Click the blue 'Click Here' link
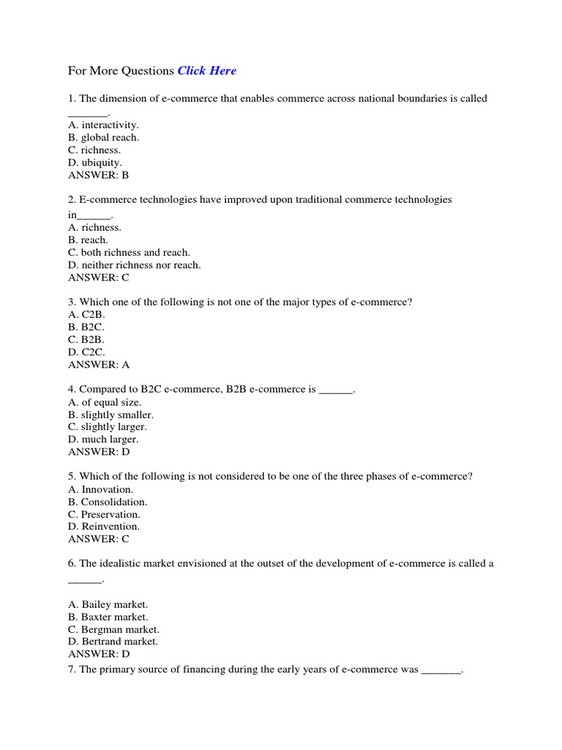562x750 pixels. point(207,71)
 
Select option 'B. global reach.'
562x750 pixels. point(103,137)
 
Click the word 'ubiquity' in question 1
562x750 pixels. point(101,162)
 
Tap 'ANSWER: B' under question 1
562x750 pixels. point(99,175)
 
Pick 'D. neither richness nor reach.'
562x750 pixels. point(134,265)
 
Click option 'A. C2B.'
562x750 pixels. point(86,314)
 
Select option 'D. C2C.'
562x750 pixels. point(86,352)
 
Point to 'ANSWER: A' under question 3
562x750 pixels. point(99,364)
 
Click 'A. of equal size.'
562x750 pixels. point(105,402)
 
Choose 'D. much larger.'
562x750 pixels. point(103,439)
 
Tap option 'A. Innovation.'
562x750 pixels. point(100,489)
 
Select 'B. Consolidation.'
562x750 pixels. point(108,502)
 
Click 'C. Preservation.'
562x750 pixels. point(104,514)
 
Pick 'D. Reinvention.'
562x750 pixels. point(104,527)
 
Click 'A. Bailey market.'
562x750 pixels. point(108,604)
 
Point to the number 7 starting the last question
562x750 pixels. point(71,669)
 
